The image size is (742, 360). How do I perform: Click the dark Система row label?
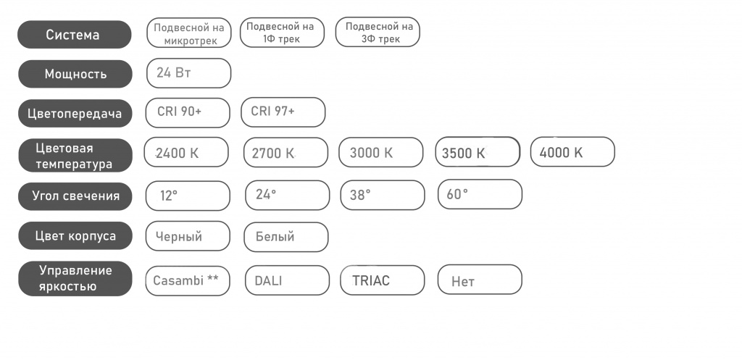pos(75,35)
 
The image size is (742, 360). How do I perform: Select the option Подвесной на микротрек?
pos(189,33)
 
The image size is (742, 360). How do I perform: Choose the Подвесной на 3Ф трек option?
pos(378,32)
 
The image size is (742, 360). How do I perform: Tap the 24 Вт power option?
pos(189,73)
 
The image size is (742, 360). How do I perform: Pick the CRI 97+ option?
pos(283,112)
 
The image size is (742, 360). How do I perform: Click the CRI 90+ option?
pos(188,112)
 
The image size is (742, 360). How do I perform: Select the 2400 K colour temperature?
pos(186,152)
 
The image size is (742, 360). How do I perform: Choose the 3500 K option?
pos(478,152)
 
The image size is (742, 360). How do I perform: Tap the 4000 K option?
pos(572,152)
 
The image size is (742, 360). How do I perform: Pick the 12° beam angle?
pos(188,196)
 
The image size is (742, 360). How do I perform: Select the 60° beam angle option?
pos(480,194)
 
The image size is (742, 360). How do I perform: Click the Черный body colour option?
pos(188,236)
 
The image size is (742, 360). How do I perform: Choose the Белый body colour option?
pos(285,237)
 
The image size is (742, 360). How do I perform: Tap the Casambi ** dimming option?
pos(188,280)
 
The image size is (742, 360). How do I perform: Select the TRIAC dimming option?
pos(383,280)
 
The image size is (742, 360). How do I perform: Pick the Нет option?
pos(480,280)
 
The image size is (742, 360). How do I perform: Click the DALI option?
pos(287,280)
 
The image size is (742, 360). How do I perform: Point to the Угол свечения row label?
pos(75,196)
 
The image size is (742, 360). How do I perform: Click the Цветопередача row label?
pos(75,114)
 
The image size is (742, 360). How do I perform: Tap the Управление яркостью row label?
pos(75,279)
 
